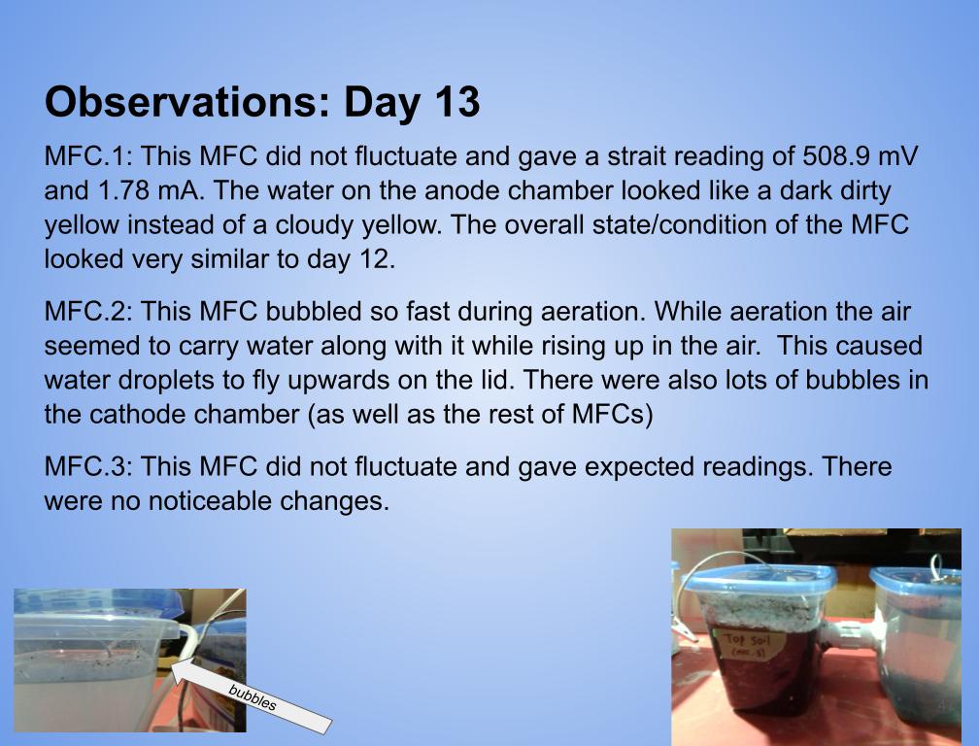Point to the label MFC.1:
88,156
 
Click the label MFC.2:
88,311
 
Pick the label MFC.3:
88,466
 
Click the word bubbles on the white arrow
253,697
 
